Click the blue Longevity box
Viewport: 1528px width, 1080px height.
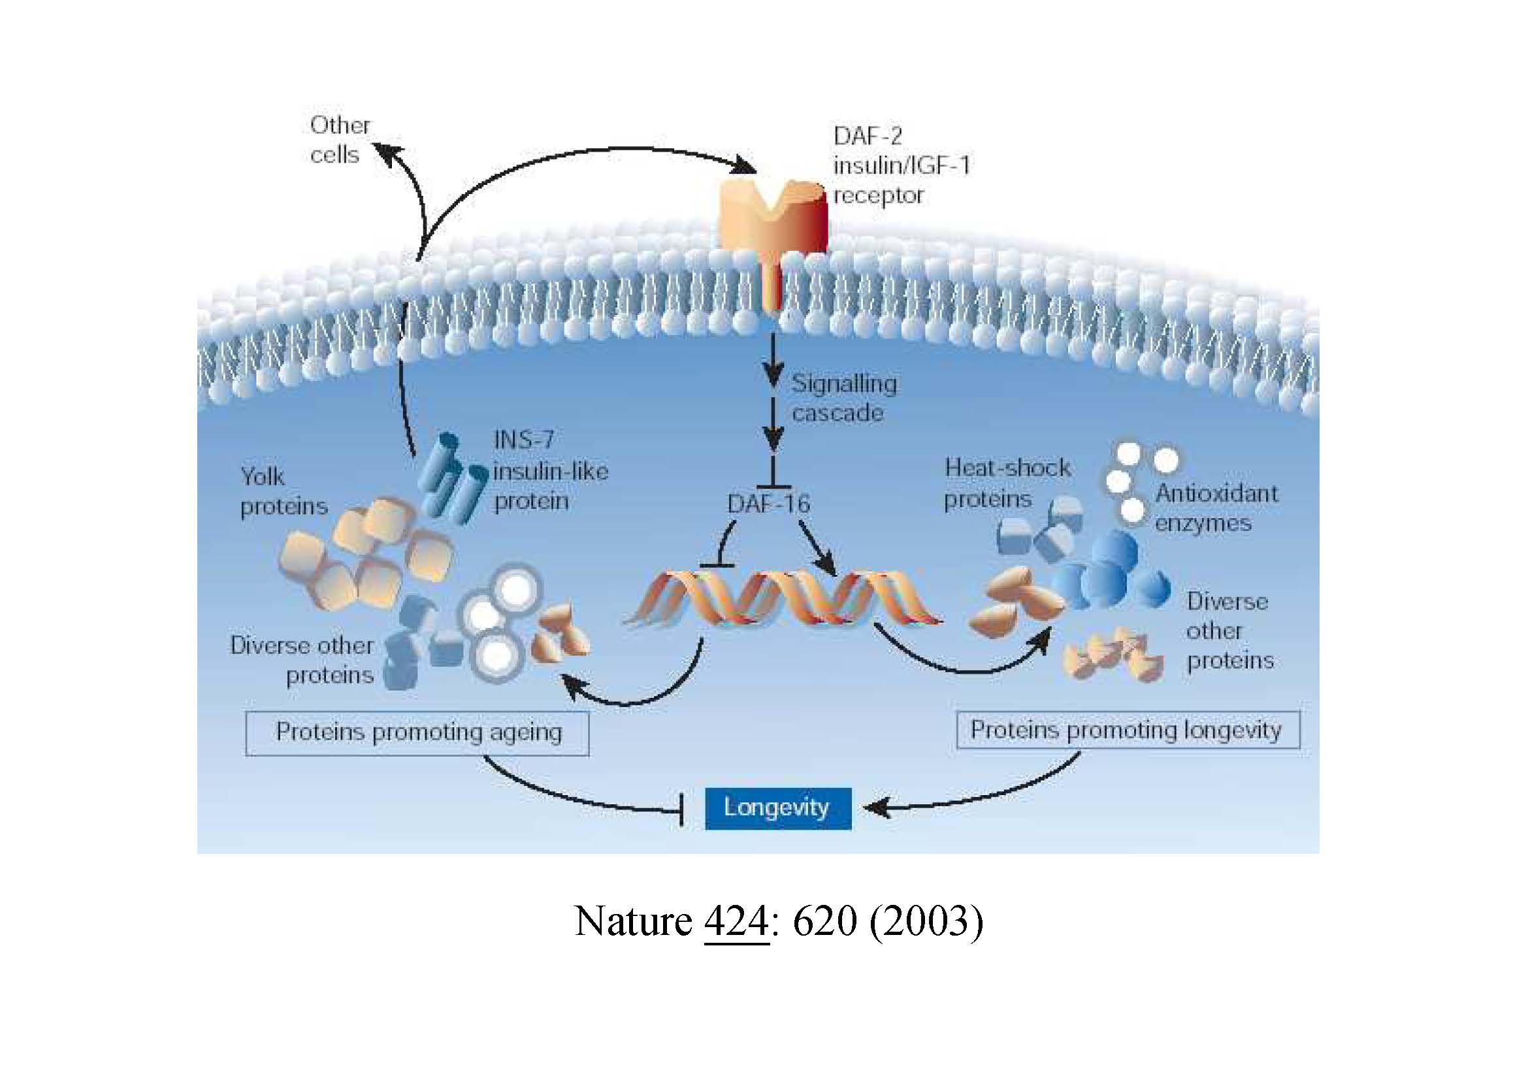pyautogui.click(x=777, y=808)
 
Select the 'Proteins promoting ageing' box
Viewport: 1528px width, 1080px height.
pyautogui.click(x=417, y=732)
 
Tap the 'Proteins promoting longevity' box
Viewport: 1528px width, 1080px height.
pyautogui.click(x=1127, y=730)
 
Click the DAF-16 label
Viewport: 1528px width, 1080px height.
pyautogui.click(x=769, y=504)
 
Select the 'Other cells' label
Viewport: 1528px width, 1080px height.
pyautogui.click(x=339, y=140)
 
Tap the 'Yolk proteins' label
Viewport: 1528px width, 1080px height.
pyautogui.click(x=283, y=491)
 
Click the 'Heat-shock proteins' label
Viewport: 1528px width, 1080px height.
pyautogui.click(x=1005, y=483)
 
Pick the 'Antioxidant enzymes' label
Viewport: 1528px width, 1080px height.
pyautogui.click(x=1214, y=508)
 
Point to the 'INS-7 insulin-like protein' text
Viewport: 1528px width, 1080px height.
pyautogui.click(x=549, y=470)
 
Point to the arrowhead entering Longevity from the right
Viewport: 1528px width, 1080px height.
pyautogui.click(x=873, y=808)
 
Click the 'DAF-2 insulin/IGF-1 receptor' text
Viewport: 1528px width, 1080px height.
pyautogui.click(x=900, y=166)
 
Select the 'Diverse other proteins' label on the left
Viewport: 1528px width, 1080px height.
pyautogui.click(x=303, y=660)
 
